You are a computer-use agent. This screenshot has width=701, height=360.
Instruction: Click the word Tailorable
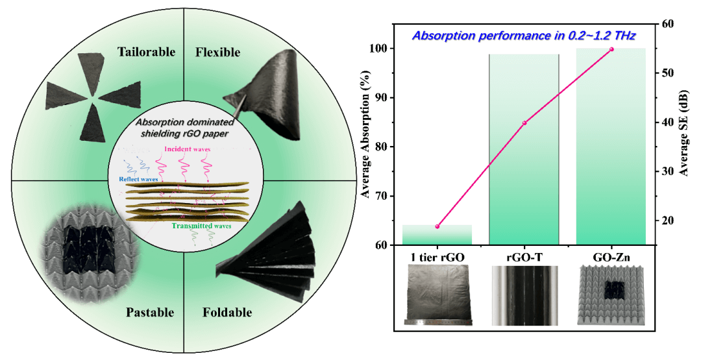146,52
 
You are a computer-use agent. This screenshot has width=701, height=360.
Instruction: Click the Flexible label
217,52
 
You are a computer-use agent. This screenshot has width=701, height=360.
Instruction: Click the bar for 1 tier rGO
436,235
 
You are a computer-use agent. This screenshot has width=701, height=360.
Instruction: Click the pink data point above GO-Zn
611,49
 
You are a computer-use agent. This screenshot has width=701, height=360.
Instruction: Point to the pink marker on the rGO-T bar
524,123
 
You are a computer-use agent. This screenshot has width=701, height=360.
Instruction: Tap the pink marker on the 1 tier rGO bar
437,226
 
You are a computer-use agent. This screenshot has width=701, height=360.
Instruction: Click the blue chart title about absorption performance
522,34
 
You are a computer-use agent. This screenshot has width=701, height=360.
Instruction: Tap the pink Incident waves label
186,149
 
